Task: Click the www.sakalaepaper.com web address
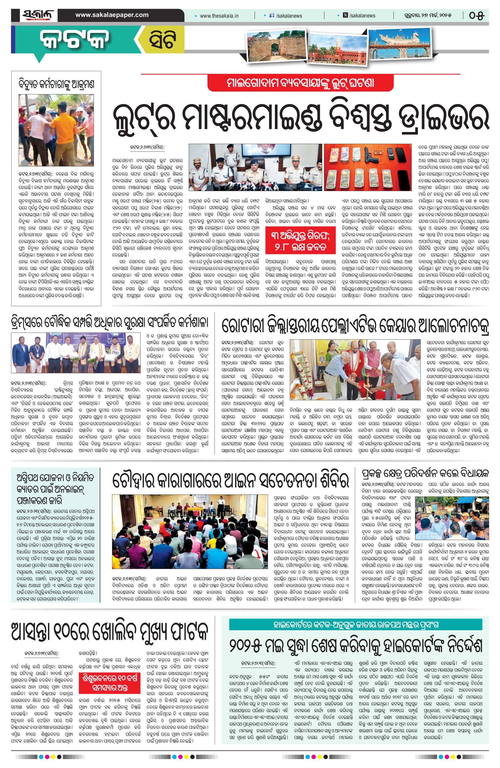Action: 112,15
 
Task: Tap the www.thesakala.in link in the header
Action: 219,15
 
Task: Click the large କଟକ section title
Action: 75,41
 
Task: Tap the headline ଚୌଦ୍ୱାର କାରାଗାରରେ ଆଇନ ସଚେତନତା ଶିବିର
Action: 230,480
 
